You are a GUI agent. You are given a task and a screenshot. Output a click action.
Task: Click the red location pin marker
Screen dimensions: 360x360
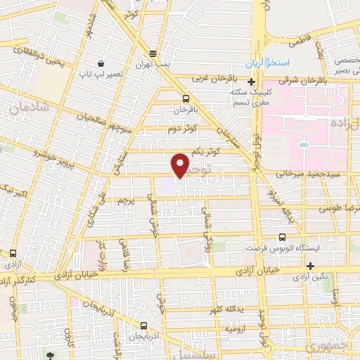tap(181, 165)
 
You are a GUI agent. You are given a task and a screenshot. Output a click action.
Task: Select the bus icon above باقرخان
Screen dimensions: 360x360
tap(186, 98)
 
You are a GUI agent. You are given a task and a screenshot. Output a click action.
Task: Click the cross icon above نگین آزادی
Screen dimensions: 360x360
tap(310, 265)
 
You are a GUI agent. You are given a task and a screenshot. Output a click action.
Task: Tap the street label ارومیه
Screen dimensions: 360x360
tap(236, 328)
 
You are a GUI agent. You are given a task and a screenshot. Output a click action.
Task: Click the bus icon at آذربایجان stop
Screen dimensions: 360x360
tap(143, 326)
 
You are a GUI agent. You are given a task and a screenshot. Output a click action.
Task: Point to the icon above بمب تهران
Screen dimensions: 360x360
tap(154, 54)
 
